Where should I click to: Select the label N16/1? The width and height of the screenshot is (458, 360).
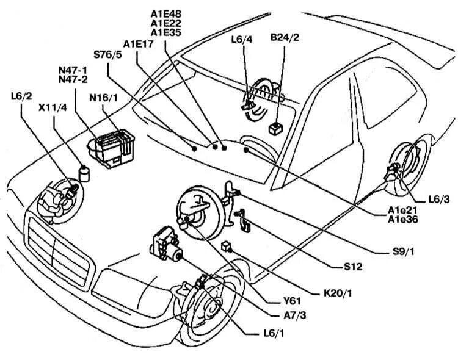coord(104,97)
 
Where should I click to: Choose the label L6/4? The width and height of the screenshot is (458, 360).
coord(242,41)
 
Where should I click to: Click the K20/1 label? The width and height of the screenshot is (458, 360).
coord(338,293)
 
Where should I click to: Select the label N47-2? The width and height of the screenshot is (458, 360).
coord(72,79)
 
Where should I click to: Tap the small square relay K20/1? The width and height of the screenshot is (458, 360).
coord(227,246)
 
